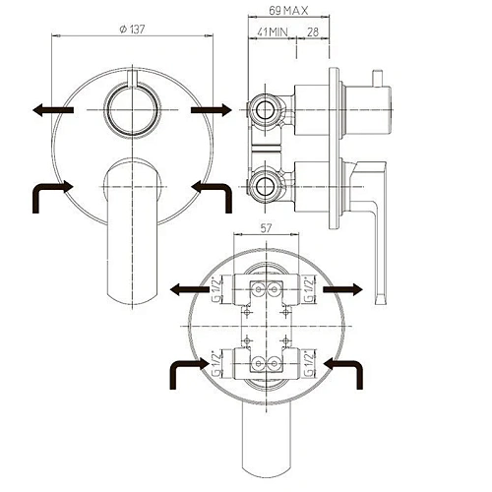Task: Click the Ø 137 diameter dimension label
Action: tap(132, 30)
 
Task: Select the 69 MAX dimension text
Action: tap(288, 11)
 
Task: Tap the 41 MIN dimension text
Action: tap(273, 32)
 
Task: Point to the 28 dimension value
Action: tap(313, 32)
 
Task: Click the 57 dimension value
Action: tap(266, 227)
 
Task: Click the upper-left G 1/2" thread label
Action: tap(216, 290)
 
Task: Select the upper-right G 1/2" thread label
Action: tap(309, 290)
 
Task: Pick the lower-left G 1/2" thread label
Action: tap(216, 364)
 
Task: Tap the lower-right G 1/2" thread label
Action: tap(309, 364)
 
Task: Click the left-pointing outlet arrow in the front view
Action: tap(53, 109)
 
